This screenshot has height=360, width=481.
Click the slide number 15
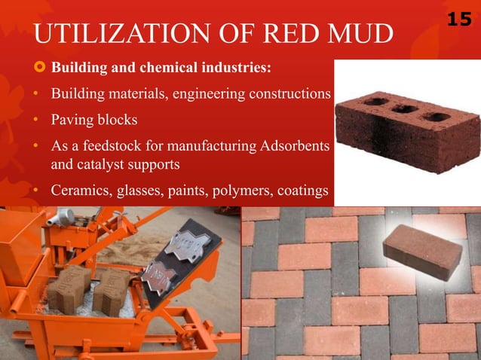coord(459,18)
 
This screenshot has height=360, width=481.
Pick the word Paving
coord(71,120)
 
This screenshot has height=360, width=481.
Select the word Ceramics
coord(79,191)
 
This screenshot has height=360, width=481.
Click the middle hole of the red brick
coord(404,109)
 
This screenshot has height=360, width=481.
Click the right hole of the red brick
coord(436,117)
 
